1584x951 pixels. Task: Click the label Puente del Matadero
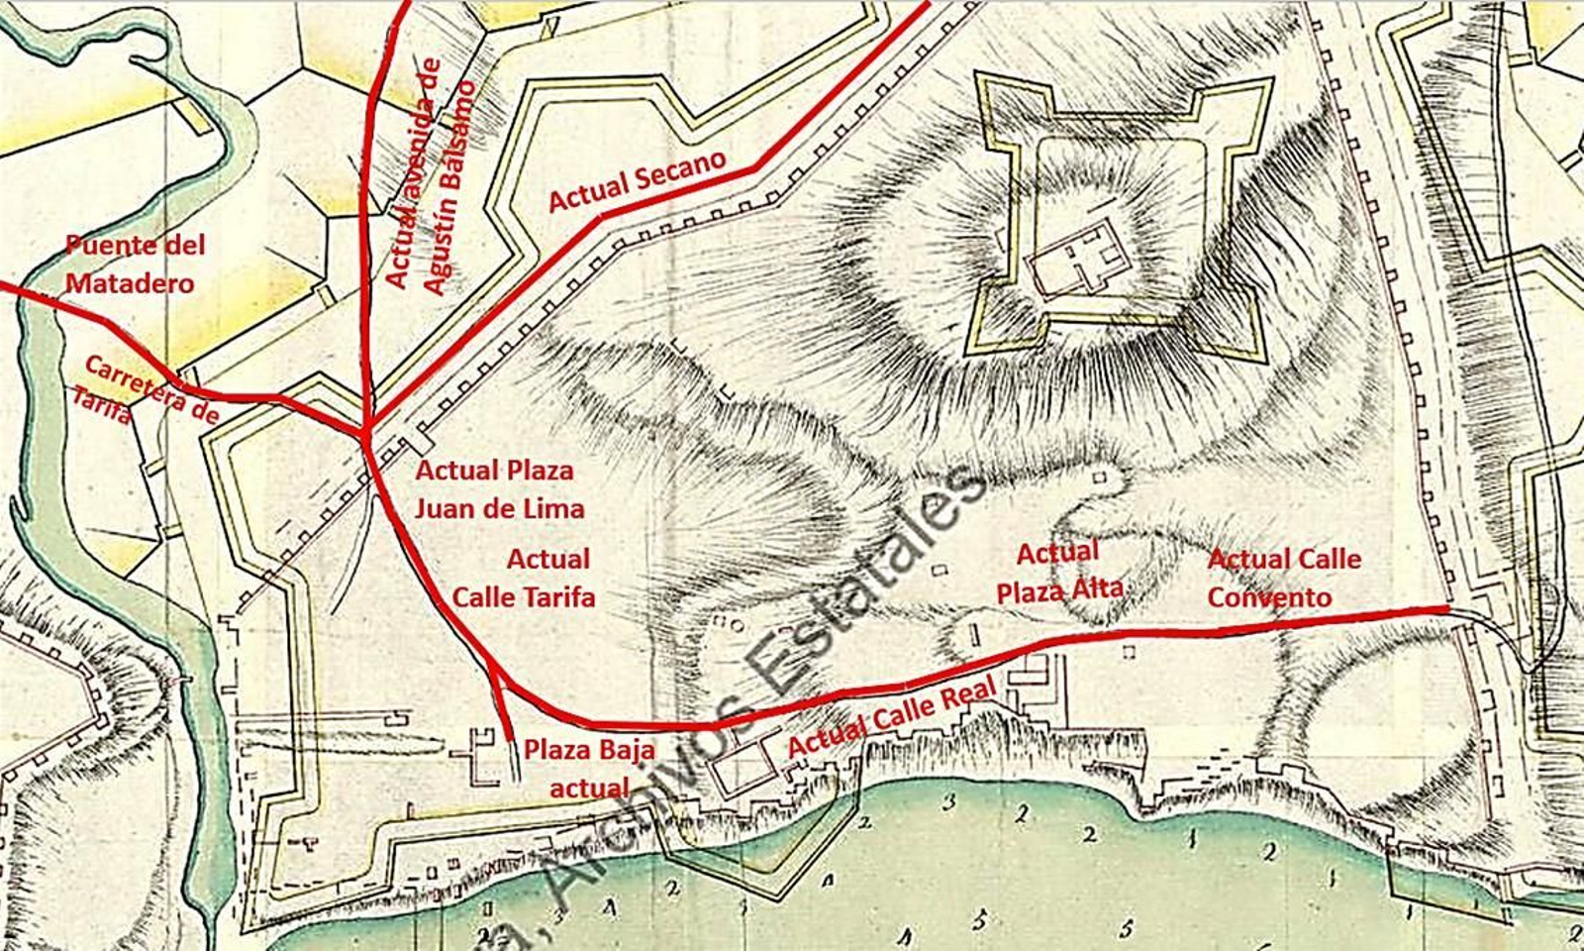[x=135, y=264]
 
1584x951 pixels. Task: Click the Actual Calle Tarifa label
[x=525, y=579]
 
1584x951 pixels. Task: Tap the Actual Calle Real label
[x=891, y=718]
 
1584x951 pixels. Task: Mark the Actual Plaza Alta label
[x=1058, y=572]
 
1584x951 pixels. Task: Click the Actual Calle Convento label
[x=1283, y=578]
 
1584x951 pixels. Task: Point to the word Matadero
[x=130, y=282]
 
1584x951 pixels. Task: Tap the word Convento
[x=1269, y=597]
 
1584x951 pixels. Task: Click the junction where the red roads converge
[x=367, y=432]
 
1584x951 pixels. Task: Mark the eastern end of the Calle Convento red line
[x=1447, y=607]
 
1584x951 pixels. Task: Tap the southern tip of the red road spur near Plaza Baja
[x=510, y=739]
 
